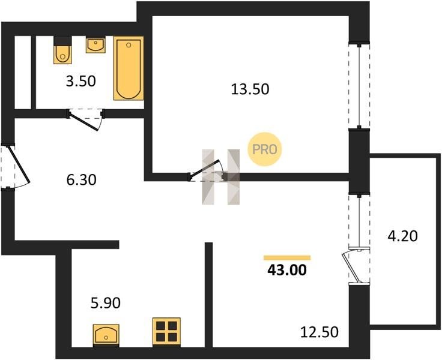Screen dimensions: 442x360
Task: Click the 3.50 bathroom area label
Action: tap(81, 82)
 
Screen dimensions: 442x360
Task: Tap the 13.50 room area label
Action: tap(250, 89)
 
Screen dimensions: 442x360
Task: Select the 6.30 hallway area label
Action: tap(82, 180)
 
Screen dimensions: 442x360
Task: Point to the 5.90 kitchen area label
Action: tap(106, 303)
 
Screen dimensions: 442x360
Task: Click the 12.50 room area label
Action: tap(319, 332)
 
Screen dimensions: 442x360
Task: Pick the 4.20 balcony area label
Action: tap(402, 236)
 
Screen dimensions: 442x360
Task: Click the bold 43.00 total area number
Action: tap(287, 270)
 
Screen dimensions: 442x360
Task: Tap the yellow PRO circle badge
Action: tap(264, 149)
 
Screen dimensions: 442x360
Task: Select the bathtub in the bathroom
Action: tap(129, 68)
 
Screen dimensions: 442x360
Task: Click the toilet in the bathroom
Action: tap(62, 50)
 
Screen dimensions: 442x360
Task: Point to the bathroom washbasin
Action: tap(96, 45)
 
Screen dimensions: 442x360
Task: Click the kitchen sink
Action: tap(106, 335)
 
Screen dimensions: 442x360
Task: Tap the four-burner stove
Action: tap(166, 332)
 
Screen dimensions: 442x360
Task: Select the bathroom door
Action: tap(85, 120)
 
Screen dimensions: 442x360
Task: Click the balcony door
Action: tap(355, 266)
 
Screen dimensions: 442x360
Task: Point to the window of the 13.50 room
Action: tap(359, 86)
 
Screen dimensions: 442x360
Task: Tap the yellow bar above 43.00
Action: tap(287, 257)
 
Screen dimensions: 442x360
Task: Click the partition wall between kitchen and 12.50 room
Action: tap(208, 295)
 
